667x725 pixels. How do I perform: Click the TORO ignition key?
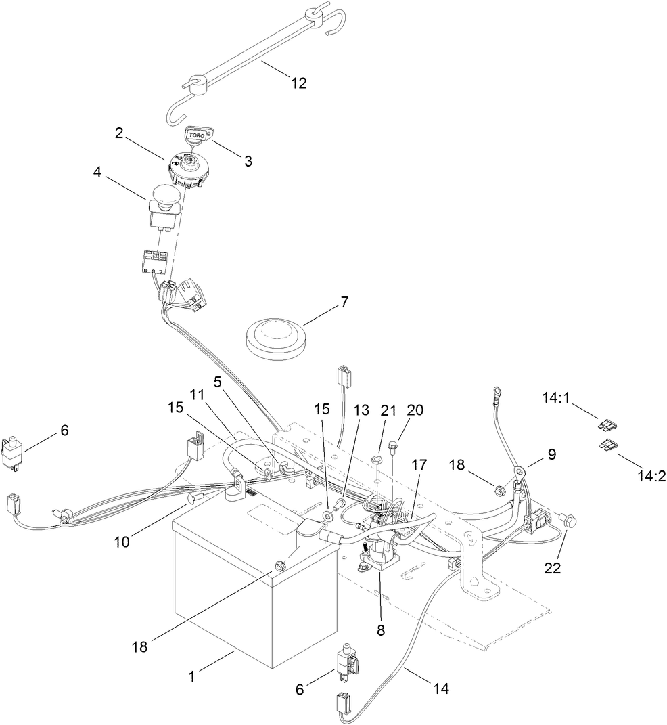(x=198, y=135)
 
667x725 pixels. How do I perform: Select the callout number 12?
(x=298, y=83)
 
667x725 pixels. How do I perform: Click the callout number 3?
(x=248, y=161)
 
